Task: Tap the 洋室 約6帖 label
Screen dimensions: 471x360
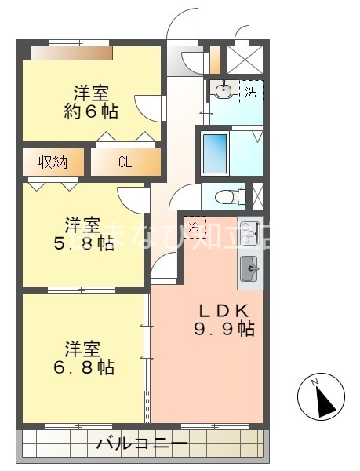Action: (x=91, y=102)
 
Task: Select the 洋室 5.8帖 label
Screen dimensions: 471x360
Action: (x=84, y=232)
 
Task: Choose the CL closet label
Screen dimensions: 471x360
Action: (x=125, y=162)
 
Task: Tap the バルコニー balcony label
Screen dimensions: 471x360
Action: (x=142, y=445)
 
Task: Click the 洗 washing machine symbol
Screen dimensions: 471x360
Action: (x=250, y=92)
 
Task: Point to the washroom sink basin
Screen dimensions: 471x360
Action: (x=223, y=91)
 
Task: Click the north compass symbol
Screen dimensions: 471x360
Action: (x=322, y=396)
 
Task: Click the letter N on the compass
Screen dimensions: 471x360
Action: (x=315, y=382)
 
